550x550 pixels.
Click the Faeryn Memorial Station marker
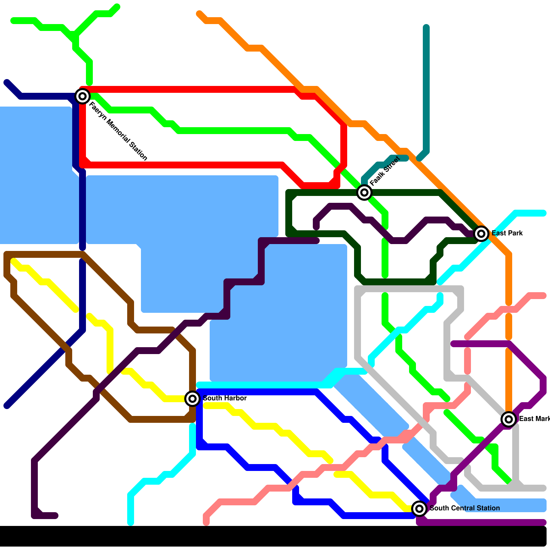coord(82,96)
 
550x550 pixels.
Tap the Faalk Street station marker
coord(364,192)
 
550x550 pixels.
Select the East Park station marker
coord(481,234)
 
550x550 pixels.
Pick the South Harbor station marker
coord(192,399)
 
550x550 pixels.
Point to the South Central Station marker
coord(419,508)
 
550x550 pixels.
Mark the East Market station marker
coord(508,419)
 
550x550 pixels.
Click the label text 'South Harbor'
coord(225,398)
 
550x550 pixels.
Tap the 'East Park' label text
coord(507,233)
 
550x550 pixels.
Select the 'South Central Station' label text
coord(465,508)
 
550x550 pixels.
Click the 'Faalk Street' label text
coord(385,171)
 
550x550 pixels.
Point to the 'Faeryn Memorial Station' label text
coord(118,131)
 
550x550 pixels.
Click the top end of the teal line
coord(426,27)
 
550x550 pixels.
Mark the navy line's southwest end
coord(7,406)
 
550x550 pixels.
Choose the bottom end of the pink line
coord(206,522)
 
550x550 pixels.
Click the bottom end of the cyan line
coord(131,522)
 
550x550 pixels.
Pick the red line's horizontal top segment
coord(189,89)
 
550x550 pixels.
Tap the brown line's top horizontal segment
coord(45,254)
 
